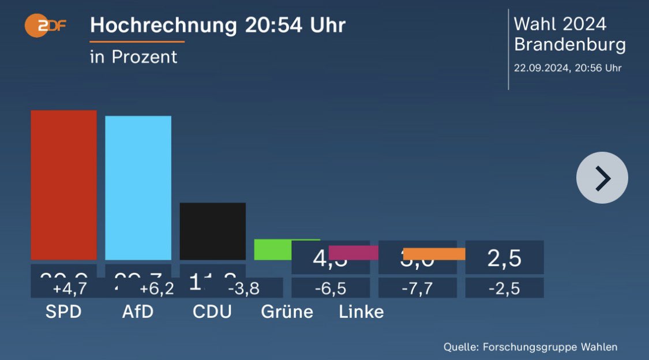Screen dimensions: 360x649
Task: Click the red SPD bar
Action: coord(63,185)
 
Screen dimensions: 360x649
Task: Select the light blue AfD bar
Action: coord(138,187)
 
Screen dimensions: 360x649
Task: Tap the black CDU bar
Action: coord(212,231)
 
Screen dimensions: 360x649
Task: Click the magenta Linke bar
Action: coord(353,253)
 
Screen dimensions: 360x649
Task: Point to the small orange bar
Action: coord(434,254)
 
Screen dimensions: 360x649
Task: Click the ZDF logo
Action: coord(45,26)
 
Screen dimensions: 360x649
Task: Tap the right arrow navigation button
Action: coord(602,178)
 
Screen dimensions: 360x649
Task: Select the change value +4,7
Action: coord(69,288)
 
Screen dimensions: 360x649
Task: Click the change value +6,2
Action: coord(156,288)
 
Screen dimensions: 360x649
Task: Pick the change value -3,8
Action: coord(243,288)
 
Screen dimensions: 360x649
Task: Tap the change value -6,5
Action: coord(331,288)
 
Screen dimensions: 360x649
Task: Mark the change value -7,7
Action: coord(417,288)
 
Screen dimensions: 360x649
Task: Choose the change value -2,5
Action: coord(504,288)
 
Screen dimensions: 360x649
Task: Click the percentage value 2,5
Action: coord(504,258)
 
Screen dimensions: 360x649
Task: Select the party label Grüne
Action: coord(287,312)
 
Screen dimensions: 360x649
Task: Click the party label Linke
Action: coord(361,312)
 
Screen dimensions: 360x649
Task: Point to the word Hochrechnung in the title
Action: coord(163,25)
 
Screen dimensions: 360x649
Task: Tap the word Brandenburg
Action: coord(569,45)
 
